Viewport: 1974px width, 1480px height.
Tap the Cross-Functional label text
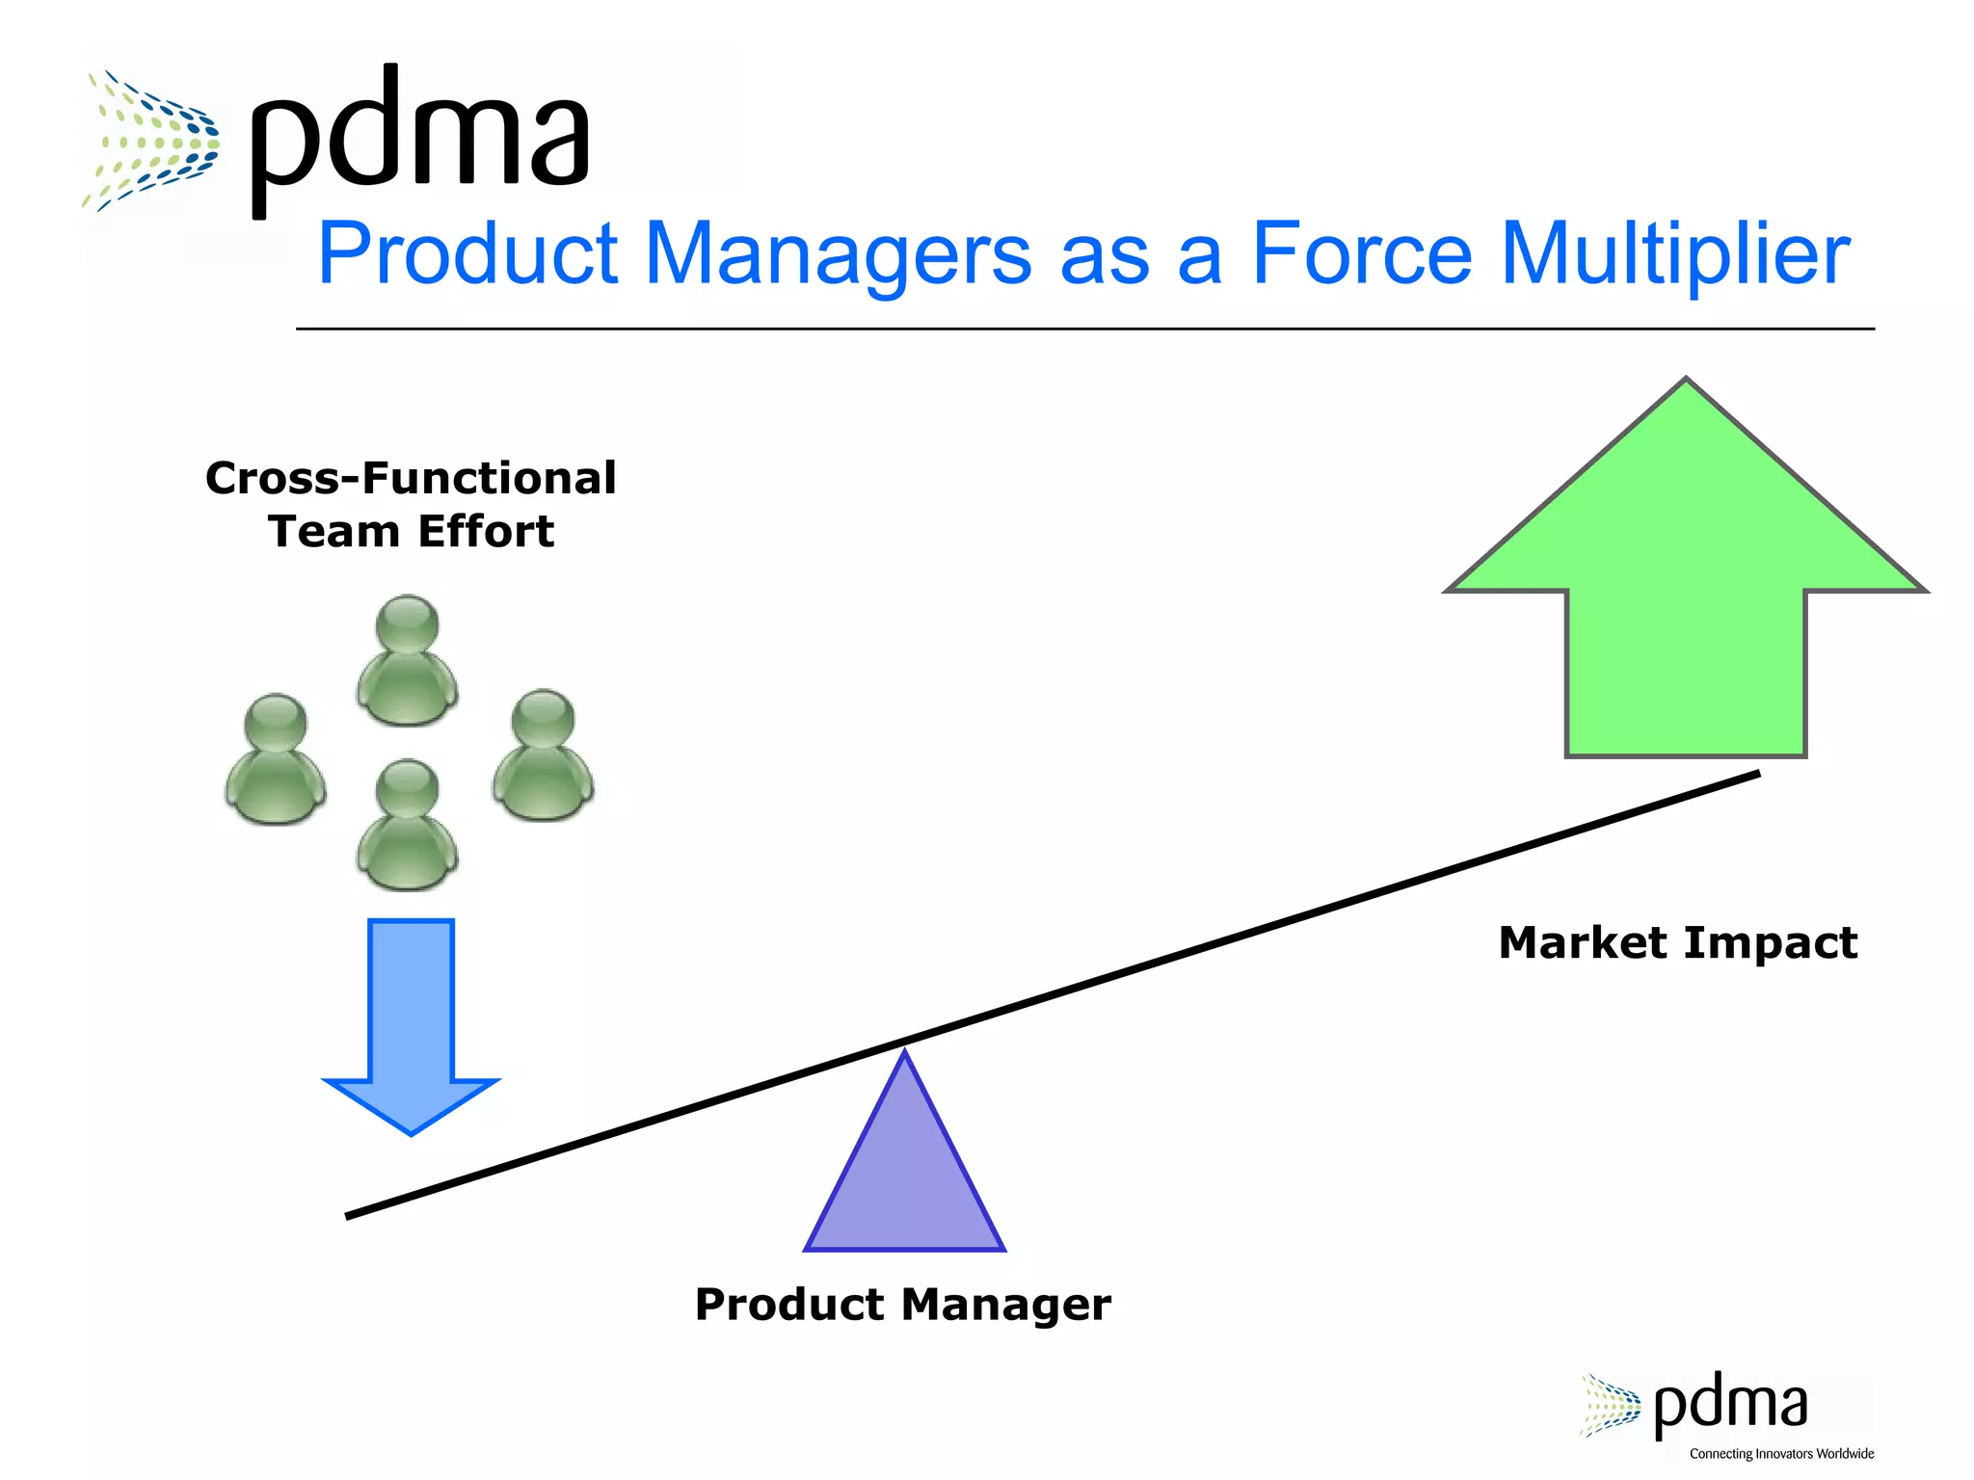(x=411, y=479)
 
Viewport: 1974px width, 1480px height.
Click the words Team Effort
(x=411, y=532)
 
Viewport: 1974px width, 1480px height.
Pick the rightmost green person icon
(x=543, y=755)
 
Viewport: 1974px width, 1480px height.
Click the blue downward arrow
(x=411, y=1021)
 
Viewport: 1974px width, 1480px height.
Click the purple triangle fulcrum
(x=904, y=1176)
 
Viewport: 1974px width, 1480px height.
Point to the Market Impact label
(x=1677, y=942)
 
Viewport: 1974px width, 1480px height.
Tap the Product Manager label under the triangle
(x=902, y=1305)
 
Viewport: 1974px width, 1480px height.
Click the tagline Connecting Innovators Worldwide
(x=1781, y=1454)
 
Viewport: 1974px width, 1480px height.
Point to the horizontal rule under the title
(x=1084, y=329)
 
